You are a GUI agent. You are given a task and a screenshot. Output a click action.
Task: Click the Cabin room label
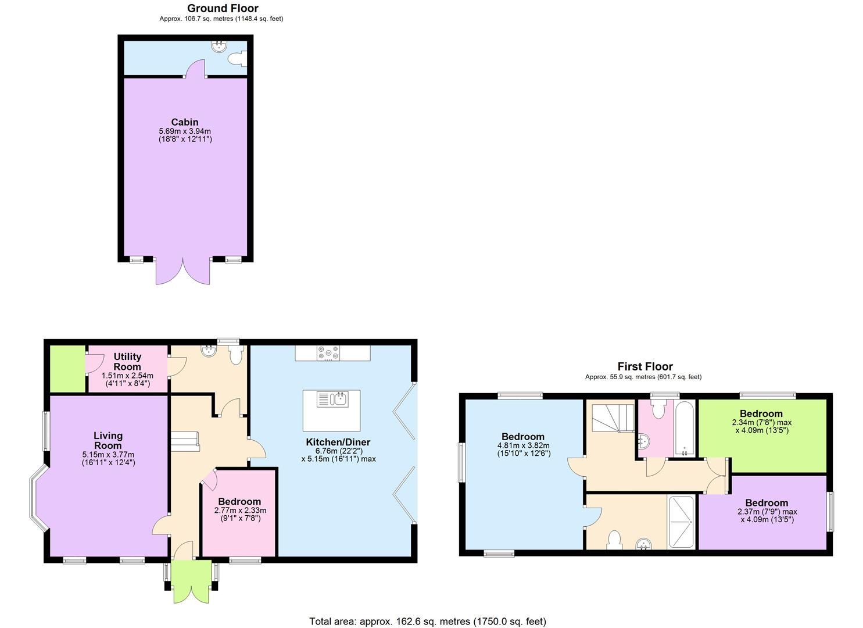pos(185,122)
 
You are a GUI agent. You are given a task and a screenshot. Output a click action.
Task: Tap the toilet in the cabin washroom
pos(238,58)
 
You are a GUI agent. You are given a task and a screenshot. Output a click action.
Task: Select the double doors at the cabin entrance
pos(183,270)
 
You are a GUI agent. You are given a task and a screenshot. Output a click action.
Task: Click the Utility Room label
pos(127,362)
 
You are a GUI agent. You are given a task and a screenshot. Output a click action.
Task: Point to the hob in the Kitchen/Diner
pos(328,353)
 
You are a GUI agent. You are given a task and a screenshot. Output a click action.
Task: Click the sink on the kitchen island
pos(339,399)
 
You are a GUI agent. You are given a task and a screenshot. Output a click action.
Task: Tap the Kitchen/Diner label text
pos(338,443)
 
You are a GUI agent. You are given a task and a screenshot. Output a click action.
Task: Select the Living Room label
pos(108,440)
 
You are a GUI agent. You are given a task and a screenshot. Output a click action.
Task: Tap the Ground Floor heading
pos(223,8)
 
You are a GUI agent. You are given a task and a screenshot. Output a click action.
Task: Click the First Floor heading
pos(644,366)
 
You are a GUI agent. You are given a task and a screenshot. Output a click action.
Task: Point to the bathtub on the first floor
pos(684,428)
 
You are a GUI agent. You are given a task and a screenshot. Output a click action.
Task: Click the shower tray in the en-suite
pos(681,522)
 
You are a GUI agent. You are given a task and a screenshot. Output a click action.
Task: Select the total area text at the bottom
pos(427,621)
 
